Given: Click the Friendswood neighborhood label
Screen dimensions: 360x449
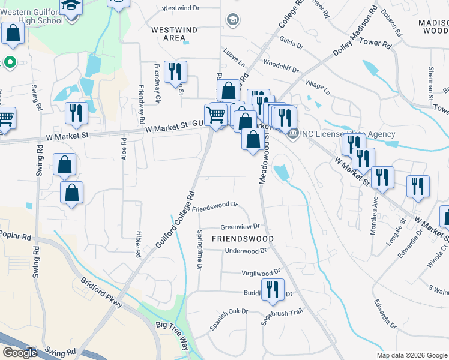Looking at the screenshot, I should point(243,239).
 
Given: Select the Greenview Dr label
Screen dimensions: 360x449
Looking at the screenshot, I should point(240,227).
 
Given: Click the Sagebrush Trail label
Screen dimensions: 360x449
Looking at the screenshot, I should point(282,317).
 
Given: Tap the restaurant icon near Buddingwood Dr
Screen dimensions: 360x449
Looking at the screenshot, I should point(274,290).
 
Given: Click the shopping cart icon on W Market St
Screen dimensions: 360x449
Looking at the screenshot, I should point(215,114).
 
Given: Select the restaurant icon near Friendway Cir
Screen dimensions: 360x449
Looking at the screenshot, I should point(175,72).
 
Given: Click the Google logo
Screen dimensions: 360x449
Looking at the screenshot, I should point(20,353).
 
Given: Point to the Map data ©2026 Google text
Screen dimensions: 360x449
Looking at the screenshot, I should point(412,355).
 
